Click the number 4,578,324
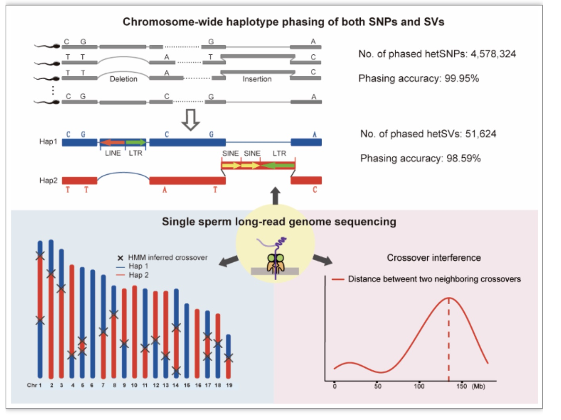point(493,54)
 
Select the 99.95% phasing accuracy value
point(461,78)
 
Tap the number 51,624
point(480,134)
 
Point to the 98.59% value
point(463,158)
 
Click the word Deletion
point(123,79)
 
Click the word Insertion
point(257,79)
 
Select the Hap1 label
point(48,141)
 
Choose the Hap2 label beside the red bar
point(48,180)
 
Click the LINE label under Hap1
point(113,153)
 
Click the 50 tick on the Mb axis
point(378,386)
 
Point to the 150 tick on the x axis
point(461,386)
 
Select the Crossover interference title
point(434,258)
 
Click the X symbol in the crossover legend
point(120,258)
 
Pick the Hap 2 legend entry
point(138,275)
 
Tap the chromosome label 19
point(229,385)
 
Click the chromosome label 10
point(134,385)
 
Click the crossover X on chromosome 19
point(229,358)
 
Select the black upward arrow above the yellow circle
point(275,196)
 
